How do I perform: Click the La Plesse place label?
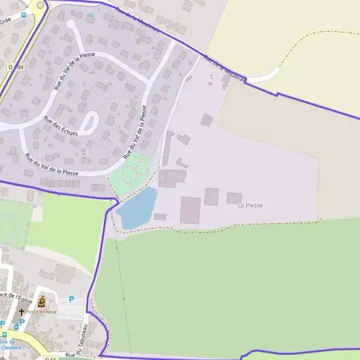click(250, 206)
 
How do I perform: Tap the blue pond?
click(137, 208)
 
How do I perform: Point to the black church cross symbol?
click(22, 312)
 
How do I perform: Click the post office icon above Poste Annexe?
click(41, 302)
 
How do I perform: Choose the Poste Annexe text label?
click(41, 312)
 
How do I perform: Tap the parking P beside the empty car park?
click(72, 300)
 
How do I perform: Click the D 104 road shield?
click(16, 67)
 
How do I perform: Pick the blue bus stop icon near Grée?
click(24, 16)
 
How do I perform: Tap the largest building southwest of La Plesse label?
click(190, 210)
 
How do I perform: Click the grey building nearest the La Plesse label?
click(234, 197)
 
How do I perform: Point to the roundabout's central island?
click(40, 5)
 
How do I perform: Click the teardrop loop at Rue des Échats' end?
click(89, 124)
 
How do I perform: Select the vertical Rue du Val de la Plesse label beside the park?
click(136, 132)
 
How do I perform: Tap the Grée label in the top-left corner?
click(6, 20)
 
